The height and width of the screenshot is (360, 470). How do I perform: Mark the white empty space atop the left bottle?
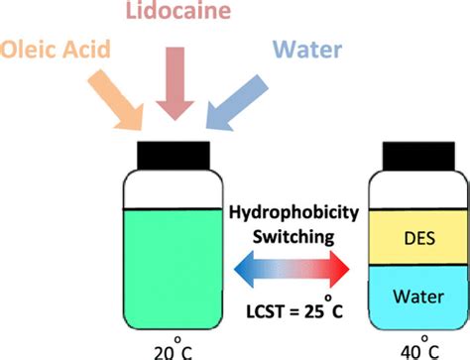(175, 191)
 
